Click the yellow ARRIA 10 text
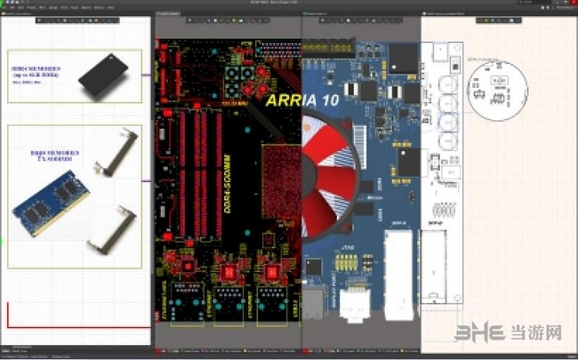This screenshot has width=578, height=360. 297,100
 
